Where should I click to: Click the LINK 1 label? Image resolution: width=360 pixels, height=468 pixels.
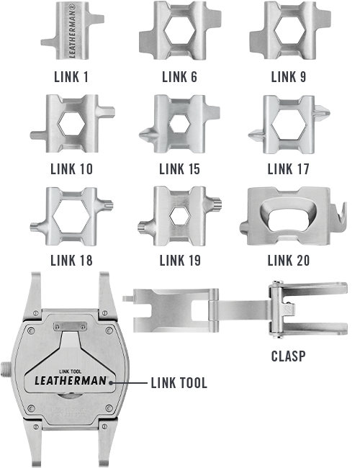71,77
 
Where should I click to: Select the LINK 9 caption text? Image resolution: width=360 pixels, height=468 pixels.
288,77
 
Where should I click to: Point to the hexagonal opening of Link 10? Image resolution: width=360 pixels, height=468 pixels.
72,123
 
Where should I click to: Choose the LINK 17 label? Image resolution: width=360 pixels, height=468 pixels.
288,169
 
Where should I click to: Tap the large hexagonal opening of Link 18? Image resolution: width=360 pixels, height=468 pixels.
72,217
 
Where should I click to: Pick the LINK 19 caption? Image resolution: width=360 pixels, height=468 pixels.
180,261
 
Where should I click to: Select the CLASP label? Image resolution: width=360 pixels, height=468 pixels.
288,356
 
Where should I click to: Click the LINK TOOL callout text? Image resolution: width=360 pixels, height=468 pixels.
179,383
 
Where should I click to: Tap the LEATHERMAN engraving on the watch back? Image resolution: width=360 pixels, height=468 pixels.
71,381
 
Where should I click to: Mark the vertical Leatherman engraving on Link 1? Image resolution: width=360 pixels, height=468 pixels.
72,30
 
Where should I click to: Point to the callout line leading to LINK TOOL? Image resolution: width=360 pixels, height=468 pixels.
130,382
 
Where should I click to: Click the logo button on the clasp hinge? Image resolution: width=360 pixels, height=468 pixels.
288,308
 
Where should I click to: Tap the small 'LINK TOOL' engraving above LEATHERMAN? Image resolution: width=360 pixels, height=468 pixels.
70,372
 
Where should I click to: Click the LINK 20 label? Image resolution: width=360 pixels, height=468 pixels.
288,261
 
